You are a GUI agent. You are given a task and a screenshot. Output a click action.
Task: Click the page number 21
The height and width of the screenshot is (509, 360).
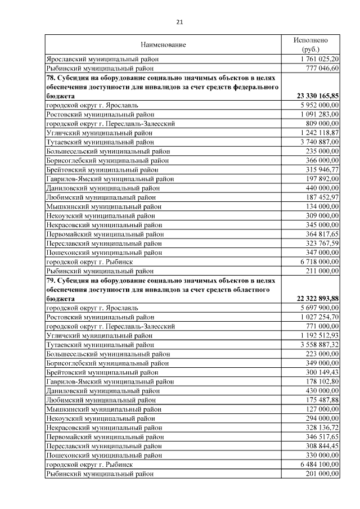pos(180,22)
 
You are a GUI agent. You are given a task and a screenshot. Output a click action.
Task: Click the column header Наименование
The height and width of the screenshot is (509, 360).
pos(163,44)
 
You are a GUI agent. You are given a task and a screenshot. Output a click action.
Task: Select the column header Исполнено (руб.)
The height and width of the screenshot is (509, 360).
pos(310,44)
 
